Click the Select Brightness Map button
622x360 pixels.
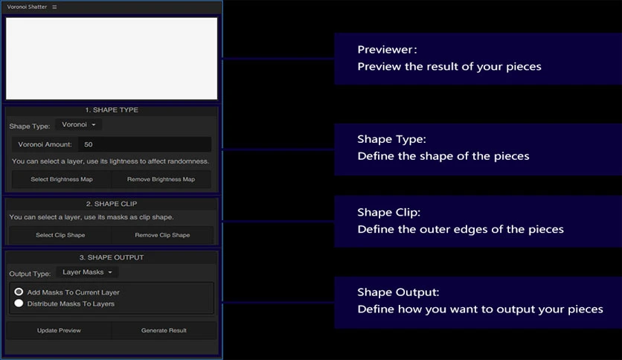[62, 179]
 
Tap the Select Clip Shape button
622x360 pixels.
[60, 235]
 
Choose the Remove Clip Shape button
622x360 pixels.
[162, 235]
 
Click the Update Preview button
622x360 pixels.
[59, 330]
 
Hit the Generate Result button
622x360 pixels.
[164, 330]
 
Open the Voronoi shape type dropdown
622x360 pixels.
[79, 124]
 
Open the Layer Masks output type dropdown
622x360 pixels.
[87, 272]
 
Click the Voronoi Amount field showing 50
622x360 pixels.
[144, 144]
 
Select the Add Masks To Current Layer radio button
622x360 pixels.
[19, 292]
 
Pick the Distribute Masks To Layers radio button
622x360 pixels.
[19, 303]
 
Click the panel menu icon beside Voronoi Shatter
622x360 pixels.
[54, 7]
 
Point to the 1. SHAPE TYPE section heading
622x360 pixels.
[112, 110]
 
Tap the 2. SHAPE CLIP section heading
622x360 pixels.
[112, 204]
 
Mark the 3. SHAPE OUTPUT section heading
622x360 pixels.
[112, 257]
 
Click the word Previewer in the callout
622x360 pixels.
[385, 50]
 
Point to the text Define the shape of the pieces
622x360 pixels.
[443, 155]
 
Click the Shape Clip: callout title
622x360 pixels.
[388, 213]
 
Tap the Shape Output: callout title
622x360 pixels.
[398, 292]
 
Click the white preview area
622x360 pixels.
[112, 58]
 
